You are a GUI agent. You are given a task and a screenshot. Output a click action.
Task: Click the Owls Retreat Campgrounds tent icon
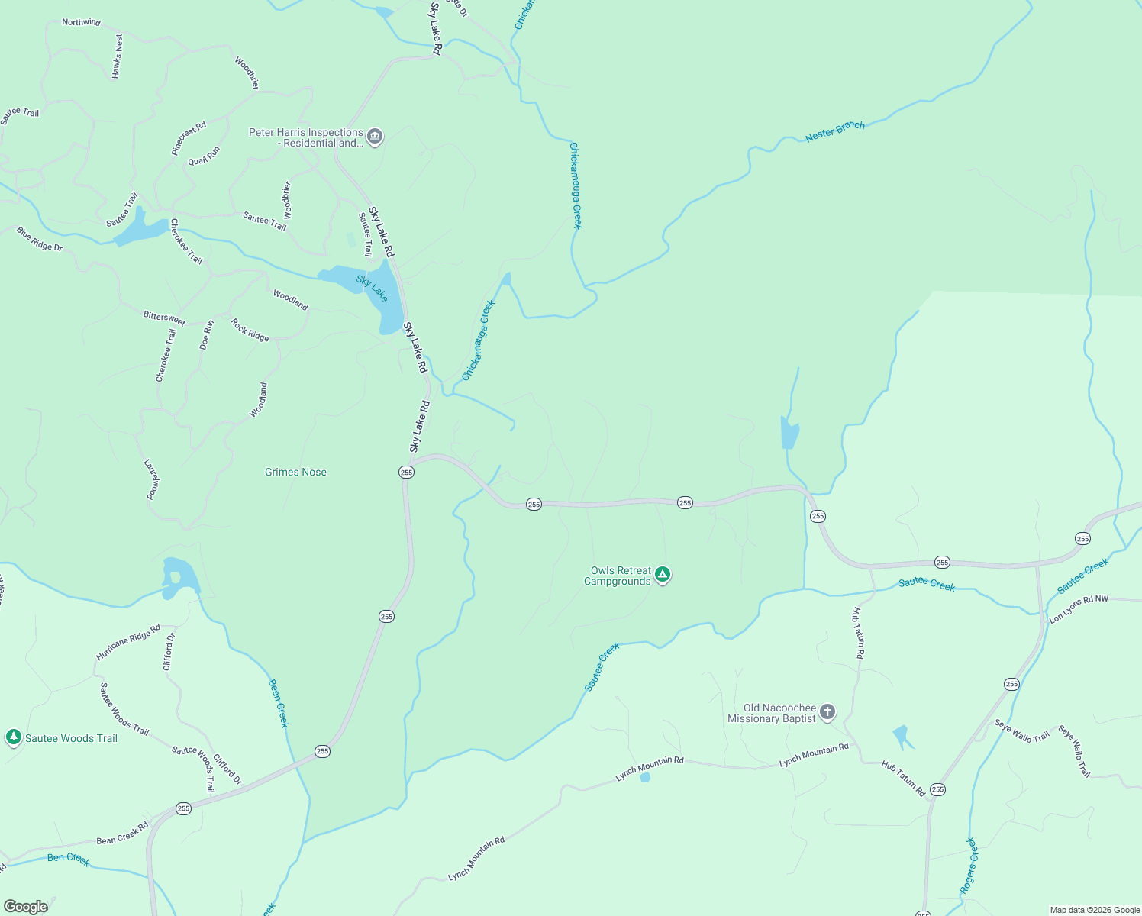pos(663,575)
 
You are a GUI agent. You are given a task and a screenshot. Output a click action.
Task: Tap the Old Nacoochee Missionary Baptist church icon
pos(827,713)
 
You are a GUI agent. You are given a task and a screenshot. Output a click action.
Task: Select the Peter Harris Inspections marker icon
pos(374,137)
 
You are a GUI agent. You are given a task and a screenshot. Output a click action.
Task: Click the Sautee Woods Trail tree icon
pos(13,737)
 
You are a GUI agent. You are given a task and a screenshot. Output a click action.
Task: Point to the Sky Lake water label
pos(373,289)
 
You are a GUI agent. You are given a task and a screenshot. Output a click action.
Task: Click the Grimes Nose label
pos(295,472)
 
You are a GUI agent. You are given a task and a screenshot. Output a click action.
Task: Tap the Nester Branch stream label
pos(834,131)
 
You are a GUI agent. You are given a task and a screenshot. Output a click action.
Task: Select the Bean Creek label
pos(278,703)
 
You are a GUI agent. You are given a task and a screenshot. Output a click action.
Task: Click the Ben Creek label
pos(69,858)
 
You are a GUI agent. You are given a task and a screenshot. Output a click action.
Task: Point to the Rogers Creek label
pos(968,866)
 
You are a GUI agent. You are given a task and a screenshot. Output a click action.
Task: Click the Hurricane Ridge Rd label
pos(127,642)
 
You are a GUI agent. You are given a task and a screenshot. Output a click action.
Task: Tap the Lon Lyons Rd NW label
pos(1078,609)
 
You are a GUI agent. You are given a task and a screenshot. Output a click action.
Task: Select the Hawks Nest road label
pos(117,56)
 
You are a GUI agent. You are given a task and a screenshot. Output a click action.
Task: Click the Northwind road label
pos(81,22)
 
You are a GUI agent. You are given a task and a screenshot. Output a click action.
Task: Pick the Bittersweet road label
pos(164,318)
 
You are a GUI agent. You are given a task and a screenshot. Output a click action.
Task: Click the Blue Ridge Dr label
pos(40,238)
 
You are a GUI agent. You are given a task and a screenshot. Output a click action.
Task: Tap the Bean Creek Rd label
pos(122,834)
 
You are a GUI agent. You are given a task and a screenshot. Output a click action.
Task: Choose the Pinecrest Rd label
pos(189,139)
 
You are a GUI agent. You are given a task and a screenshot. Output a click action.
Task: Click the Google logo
pos(25,906)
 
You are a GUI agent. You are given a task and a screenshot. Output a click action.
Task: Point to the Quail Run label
pos(204,156)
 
